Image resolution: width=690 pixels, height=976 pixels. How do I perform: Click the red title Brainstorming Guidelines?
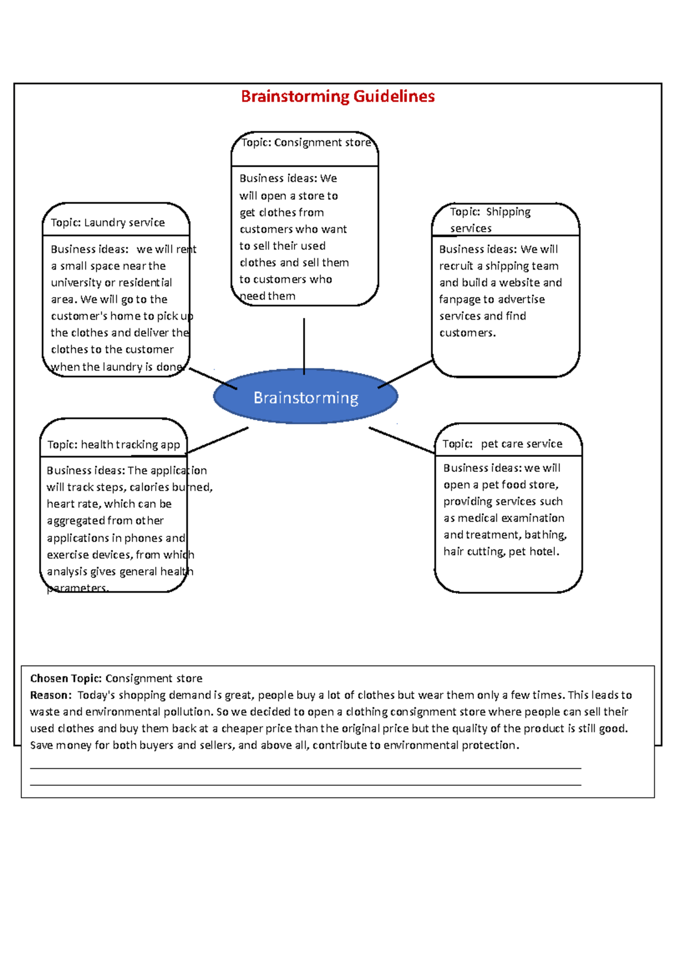pos(338,96)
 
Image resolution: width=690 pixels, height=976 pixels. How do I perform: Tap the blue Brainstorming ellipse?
pos(305,397)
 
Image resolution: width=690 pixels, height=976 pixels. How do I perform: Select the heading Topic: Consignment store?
pos(306,143)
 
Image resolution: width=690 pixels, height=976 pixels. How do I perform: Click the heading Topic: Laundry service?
pos(108,222)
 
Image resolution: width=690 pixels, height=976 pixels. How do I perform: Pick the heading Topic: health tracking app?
pos(113,445)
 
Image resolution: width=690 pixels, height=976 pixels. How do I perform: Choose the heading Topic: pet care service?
pos(502,444)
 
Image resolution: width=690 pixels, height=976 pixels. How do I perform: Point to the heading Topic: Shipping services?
pos(490,220)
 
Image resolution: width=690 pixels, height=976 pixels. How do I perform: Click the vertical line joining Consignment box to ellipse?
pos(304,345)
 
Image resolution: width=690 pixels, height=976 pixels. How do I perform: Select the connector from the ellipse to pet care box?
pos(401,440)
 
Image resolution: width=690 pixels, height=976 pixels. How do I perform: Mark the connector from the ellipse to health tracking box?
pos(217,440)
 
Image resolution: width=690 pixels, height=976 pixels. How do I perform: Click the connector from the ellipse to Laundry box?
pos(213,379)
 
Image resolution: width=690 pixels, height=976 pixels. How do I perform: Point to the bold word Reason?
pos(51,695)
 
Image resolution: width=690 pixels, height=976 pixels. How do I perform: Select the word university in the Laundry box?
pos(76,283)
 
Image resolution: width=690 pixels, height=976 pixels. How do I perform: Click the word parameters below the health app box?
pos(77,588)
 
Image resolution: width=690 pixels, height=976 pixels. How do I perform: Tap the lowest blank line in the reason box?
pos(305,785)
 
